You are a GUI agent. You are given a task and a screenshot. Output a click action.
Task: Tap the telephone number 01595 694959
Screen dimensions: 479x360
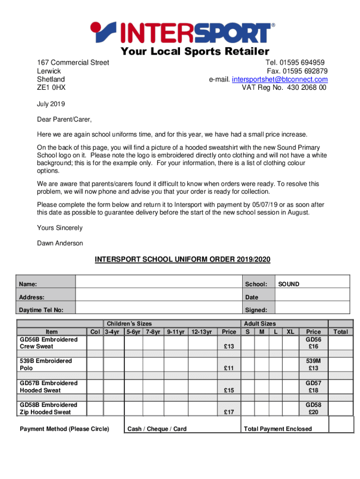[x=303, y=63]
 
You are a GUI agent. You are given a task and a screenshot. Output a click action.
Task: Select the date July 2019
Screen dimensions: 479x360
[x=51, y=104]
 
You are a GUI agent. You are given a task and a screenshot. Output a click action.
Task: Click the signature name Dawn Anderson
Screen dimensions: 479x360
[x=60, y=243]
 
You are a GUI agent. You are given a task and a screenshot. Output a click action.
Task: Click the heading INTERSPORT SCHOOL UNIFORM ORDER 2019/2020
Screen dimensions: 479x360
[x=183, y=259]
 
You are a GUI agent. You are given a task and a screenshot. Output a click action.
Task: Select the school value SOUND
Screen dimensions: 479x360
[x=288, y=284]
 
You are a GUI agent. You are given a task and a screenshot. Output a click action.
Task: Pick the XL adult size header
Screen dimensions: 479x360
[x=290, y=332]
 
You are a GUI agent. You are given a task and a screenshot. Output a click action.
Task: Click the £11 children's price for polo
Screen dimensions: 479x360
[x=229, y=368]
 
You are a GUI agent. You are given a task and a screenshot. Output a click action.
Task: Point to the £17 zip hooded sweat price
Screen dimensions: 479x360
[x=229, y=412]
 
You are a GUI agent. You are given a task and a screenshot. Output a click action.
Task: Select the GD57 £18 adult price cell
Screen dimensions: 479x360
[x=313, y=386]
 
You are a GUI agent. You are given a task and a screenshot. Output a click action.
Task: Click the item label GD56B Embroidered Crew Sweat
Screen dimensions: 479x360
[x=49, y=343]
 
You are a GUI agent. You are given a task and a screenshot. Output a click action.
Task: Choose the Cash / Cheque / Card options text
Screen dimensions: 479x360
[x=157, y=429]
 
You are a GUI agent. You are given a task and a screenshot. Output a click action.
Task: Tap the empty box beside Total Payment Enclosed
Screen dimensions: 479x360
[x=341, y=425]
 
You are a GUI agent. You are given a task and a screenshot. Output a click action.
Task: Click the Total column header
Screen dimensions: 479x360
[x=340, y=332]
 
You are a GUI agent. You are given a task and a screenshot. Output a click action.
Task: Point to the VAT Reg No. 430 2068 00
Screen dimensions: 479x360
[x=284, y=88]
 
